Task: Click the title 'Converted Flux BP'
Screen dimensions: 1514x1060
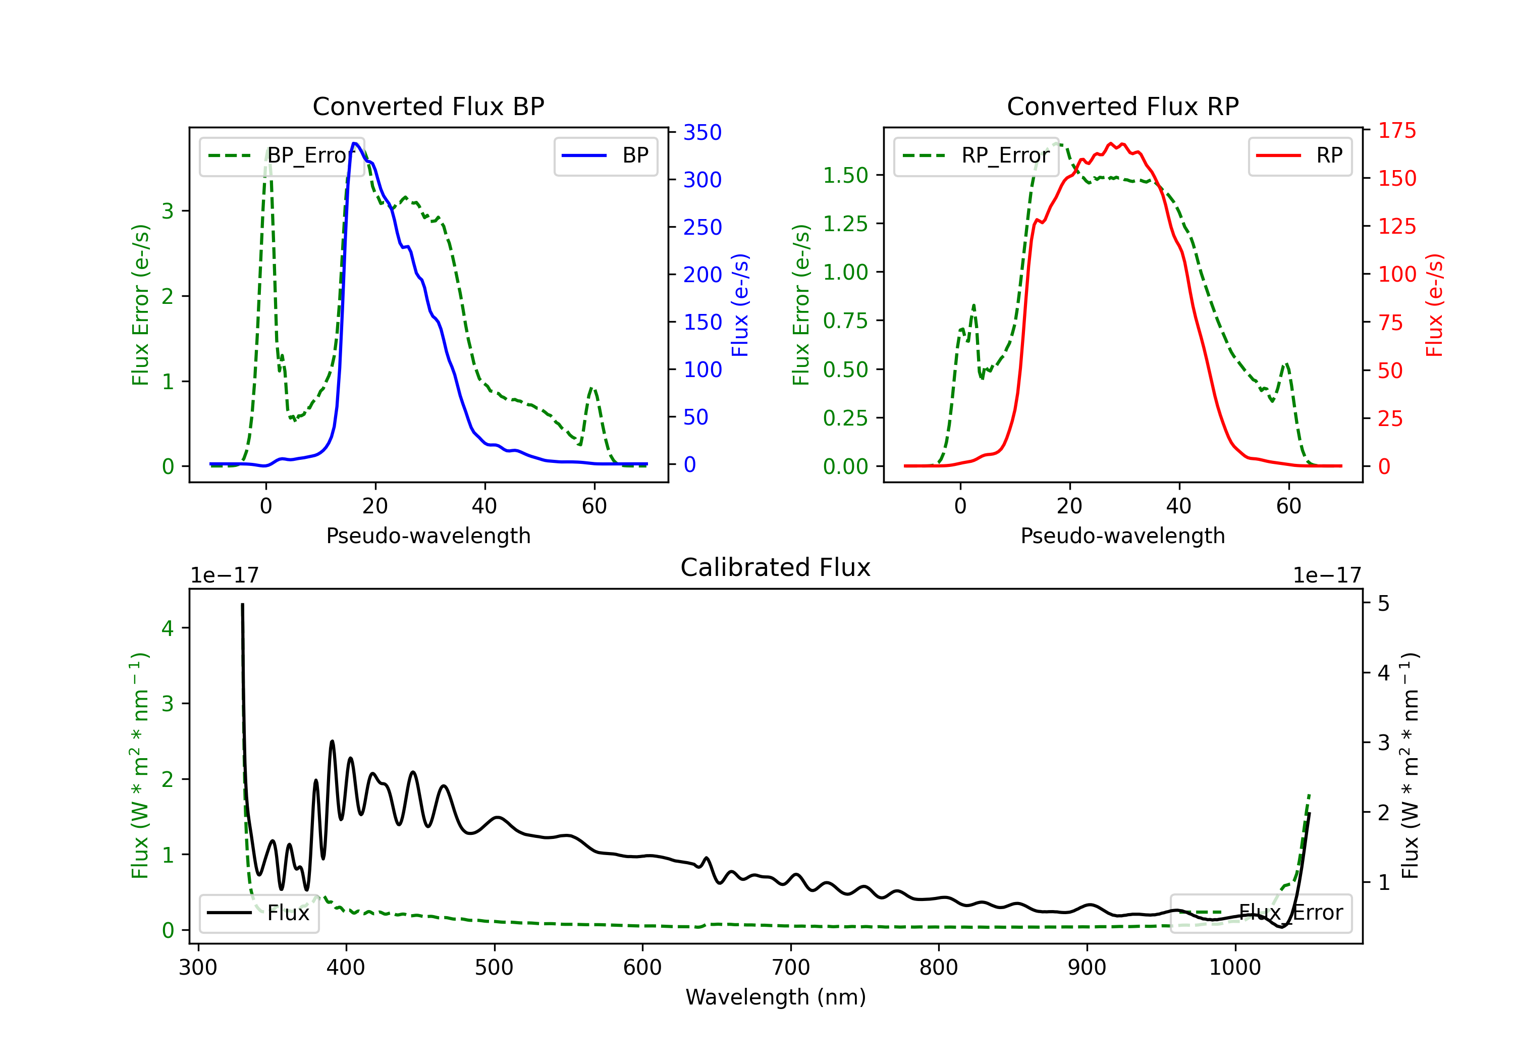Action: coord(428,106)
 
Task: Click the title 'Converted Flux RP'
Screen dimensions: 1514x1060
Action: coord(1122,106)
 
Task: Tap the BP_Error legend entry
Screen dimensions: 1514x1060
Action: coord(282,155)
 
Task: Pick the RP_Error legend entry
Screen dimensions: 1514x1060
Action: coord(976,155)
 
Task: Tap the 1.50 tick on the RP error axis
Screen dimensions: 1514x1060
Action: coord(845,176)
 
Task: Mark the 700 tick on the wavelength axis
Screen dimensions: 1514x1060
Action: coord(791,967)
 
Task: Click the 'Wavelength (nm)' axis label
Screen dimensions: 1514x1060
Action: coord(776,997)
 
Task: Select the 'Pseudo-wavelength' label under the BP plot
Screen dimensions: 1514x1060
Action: coord(428,536)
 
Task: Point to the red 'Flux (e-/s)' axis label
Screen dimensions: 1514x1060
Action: coord(1434,305)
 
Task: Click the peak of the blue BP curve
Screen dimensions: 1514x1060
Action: coord(355,143)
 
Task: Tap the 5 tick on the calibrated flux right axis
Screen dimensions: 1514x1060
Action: coord(1383,604)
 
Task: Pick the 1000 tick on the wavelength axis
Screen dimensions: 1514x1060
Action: coord(1235,967)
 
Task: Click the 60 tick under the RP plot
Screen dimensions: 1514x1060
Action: coord(1288,506)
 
